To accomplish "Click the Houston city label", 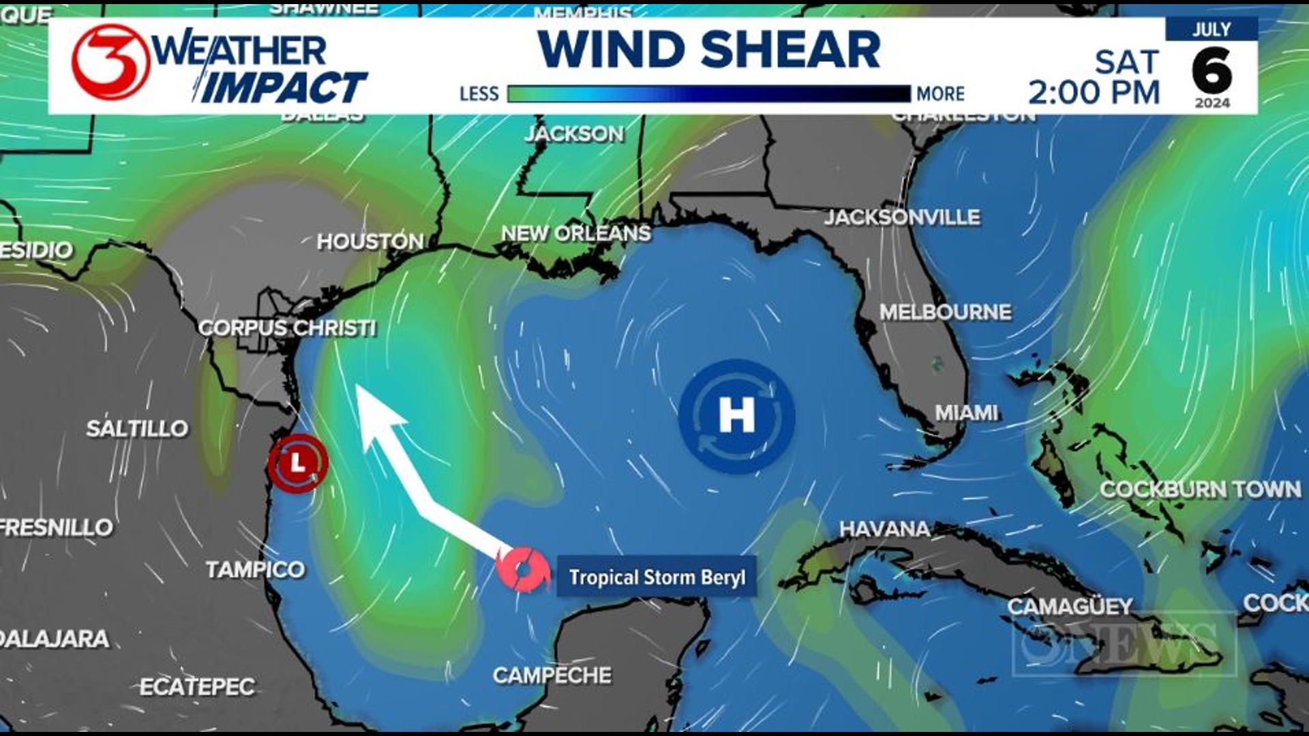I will pyautogui.click(x=370, y=241).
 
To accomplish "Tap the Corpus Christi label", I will pyautogui.click(x=287, y=328).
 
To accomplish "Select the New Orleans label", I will pyautogui.click(x=576, y=233).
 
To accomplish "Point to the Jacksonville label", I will pyautogui.click(x=902, y=217).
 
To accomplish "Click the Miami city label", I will pyautogui.click(x=966, y=412).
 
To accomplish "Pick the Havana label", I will pyautogui.click(x=884, y=528).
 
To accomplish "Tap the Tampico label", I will pyautogui.click(x=255, y=569).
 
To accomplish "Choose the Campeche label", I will pyautogui.click(x=552, y=675).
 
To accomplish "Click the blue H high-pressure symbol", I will pyautogui.click(x=736, y=416).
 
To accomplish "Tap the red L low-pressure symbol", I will pyautogui.click(x=298, y=463).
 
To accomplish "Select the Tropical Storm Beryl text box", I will pyautogui.click(x=657, y=577).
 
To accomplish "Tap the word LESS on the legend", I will pyautogui.click(x=479, y=93).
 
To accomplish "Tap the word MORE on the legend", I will pyautogui.click(x=940, y=93).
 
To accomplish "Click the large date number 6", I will pyautogui.click(x=1212, y=71).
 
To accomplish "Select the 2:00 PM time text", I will pyautogui.click(x=1094, y=92).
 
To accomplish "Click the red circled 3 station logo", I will pyautogui.click(x=111, y=62).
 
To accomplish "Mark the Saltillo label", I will pyautogui.click(x=137, y=428).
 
